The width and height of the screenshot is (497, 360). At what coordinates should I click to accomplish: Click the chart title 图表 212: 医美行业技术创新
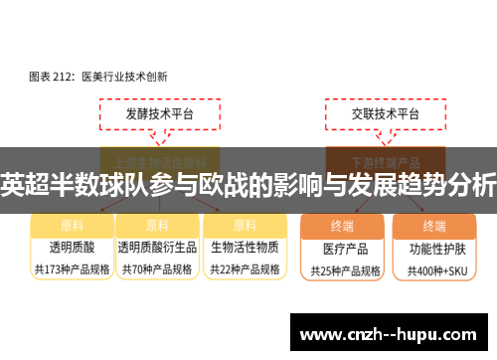click(96, 75)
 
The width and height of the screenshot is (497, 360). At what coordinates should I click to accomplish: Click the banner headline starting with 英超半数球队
click(248, 184)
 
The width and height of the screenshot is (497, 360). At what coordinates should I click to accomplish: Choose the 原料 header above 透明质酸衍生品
click(157, 225)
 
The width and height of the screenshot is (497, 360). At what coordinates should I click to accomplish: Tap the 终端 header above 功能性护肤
click(433, 225)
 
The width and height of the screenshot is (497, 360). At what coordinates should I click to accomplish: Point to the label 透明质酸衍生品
click(157, 246)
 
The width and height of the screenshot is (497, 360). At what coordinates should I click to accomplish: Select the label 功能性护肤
click(433, 247)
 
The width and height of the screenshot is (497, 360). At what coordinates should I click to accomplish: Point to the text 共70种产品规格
click(157, 269)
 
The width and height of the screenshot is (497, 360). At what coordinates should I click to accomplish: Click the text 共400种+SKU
click(433, 270)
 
